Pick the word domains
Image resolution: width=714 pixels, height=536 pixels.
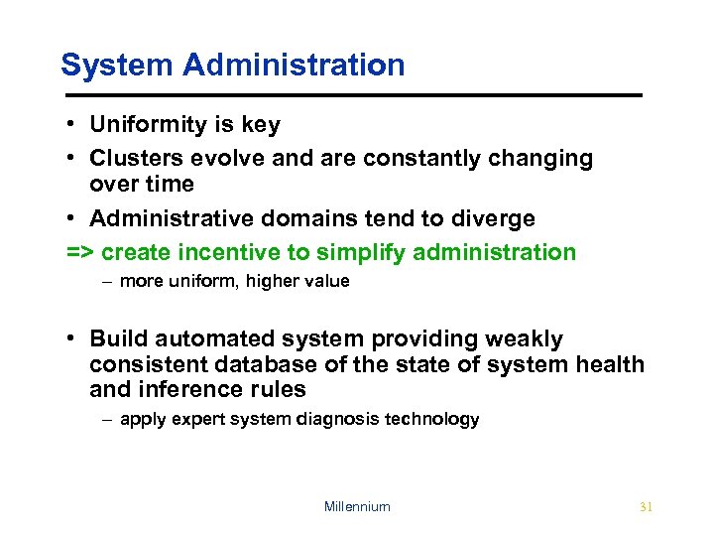310,218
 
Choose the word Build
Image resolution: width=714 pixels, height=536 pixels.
117,339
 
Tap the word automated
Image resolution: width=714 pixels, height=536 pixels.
204,339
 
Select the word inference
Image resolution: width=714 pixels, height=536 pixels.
182,389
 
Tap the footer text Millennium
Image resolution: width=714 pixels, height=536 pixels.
357,506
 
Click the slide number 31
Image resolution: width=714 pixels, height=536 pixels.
646,506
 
